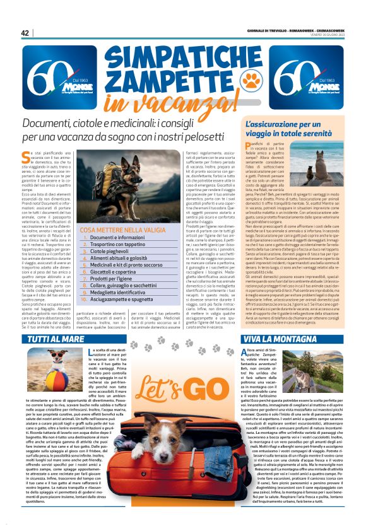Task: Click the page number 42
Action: pyautogui.click(x=25, y=33)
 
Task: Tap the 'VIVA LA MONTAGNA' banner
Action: pyautogui.click(x=278, y=339)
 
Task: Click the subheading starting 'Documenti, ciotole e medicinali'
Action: pyautogui.click(x=122, y=130)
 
